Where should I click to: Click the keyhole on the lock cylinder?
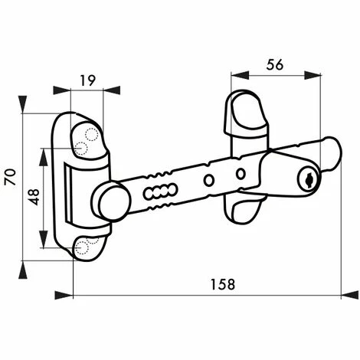(x=307, y=181)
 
